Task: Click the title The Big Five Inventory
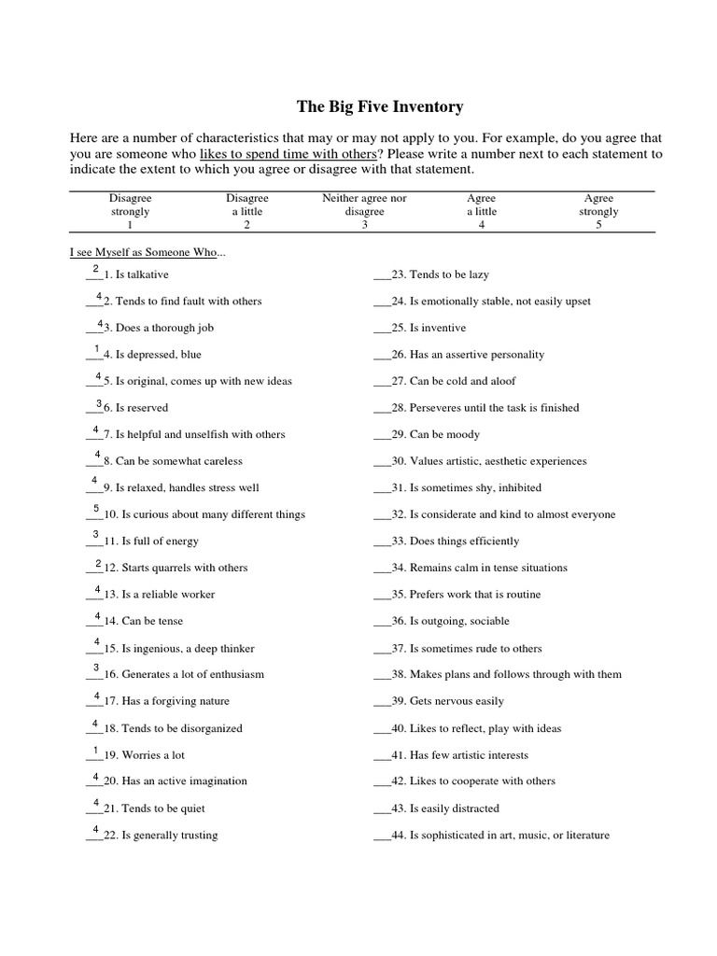click(x=379, y=106)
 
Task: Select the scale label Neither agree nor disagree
click(x=364, y=204)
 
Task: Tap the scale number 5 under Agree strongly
click(x=598, y=225)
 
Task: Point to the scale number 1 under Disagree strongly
click(x=130, y=225)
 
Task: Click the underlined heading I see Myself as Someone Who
click(x=146, y=253)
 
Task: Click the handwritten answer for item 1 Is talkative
click(x=96, y=269)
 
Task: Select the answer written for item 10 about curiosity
click(x=96, y=509)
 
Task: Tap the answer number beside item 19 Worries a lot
click(x=96, y=750)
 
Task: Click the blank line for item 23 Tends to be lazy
click(x=382, y=276)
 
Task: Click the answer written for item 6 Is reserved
click(x=99, y=403)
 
